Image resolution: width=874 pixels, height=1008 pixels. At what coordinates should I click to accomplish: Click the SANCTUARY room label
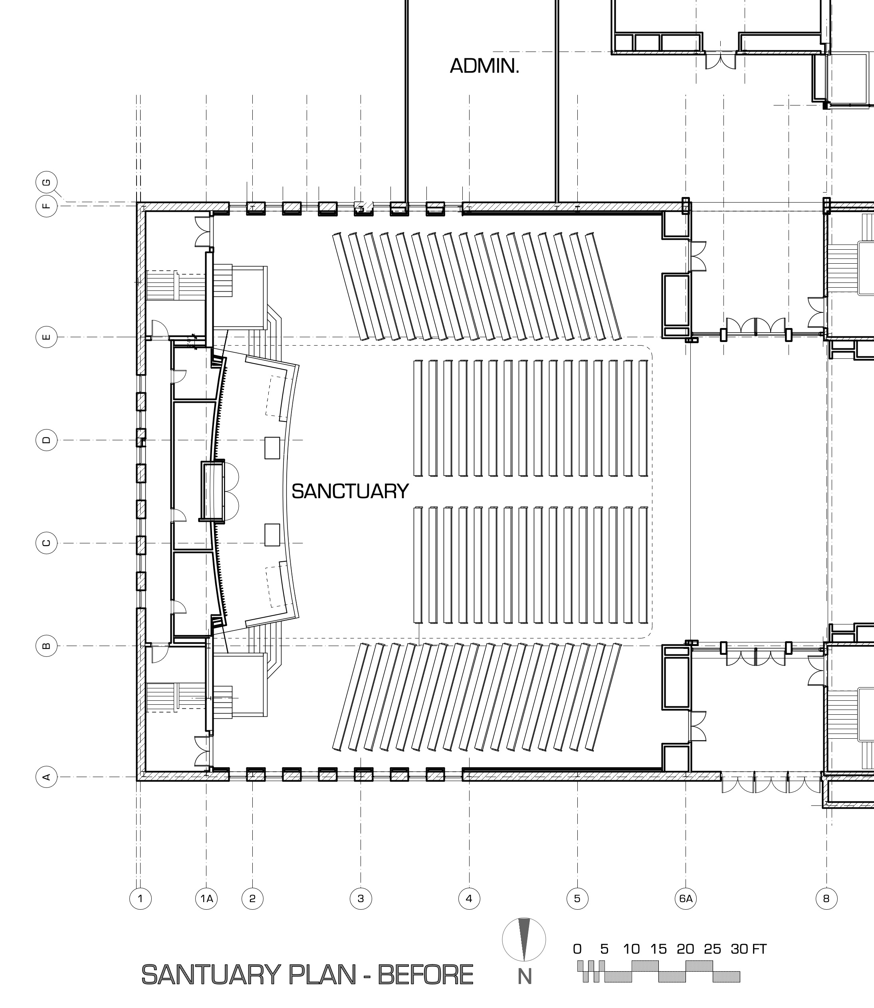(350, 491)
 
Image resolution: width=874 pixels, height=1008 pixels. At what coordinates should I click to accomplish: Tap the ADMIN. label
(484, 66)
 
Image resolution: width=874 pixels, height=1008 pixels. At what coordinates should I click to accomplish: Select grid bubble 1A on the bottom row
(206, 898)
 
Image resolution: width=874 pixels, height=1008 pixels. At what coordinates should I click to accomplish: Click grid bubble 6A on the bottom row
(686, 898)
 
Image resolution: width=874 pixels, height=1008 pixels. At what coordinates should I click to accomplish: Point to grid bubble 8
(826, 898)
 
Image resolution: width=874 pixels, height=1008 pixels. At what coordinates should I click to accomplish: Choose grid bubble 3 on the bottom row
(361, 898)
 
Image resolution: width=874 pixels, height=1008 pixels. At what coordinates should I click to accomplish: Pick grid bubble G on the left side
(47, 183)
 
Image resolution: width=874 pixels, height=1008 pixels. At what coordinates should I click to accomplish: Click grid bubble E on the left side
(47, 337)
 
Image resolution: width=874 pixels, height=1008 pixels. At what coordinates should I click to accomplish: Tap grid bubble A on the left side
(47, 777)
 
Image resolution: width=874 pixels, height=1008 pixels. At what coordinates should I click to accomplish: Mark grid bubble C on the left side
(47, 543)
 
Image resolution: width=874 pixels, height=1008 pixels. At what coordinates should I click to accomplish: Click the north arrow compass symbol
(524, 939)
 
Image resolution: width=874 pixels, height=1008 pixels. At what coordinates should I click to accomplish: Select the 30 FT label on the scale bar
(748, 948)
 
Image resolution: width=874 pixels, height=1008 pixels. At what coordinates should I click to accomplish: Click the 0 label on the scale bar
(577, 948)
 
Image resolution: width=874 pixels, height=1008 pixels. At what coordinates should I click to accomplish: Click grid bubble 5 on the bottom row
(577, 898)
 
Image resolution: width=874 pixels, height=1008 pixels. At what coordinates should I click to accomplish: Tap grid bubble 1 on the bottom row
(141, 898)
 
